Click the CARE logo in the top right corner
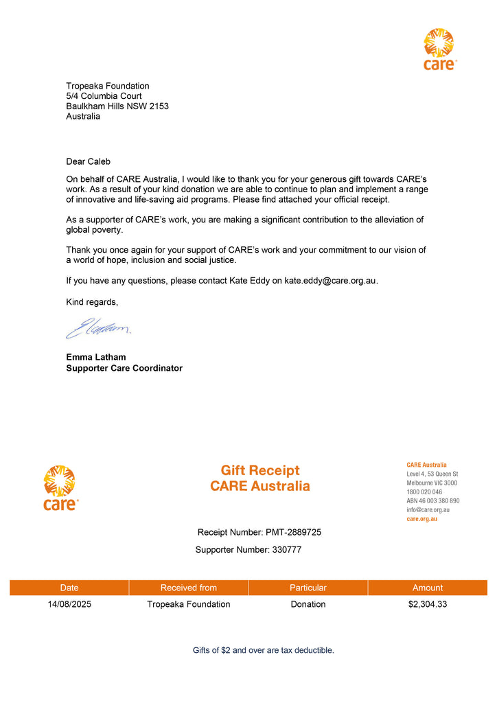click(x=439, y=49)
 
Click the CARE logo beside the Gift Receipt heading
click(x=60, y=487)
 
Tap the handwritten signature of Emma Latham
click(x=98, y=328)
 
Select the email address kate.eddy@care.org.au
click(x=331, y=281)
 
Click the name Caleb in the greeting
click(x=99, y=161)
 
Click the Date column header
click(x=69, y=588)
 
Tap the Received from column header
click(x=189, y=588)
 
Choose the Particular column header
click(x=308, y=588)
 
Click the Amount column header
click(x=428, y=588)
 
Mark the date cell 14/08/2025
click(x=69, y=605)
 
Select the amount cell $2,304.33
click(x=428, y=605)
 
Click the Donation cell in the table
click(x=308, y=605)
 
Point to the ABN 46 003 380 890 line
click(x=433, y=501)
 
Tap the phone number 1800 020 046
click(x=424, y=492)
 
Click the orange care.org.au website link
click(x=422, y=519)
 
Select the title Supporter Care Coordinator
click(x=124, y=368)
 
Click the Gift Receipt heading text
click(x=260, y=470)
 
